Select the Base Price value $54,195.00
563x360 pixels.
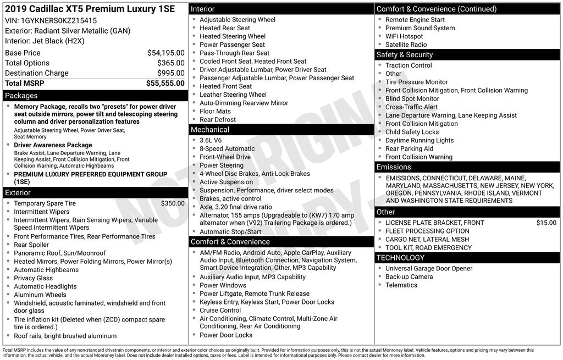tap(165, 53)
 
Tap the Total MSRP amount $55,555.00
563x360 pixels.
tap(165, 83)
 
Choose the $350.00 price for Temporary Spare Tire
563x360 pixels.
tap(173, 203)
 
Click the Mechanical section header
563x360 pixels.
tap(210, 130)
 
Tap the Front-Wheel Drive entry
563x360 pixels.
tap(225, 157)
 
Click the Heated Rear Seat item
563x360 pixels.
tap(224, 28)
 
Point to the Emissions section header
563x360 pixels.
tap(394, 167)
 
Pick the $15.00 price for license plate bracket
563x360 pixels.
tap(546, 223)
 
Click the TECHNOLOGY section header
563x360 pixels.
tap(400, 258)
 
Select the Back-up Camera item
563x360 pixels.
tap(409, 276)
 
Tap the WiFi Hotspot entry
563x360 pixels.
tap(404, 36)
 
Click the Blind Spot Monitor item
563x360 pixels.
tap(412, 99)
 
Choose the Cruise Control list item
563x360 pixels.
tap(220, 310)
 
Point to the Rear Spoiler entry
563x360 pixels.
tap(31, 245)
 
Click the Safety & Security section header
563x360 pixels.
tap(405, 55)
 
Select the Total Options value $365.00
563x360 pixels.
tap(170, 63)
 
